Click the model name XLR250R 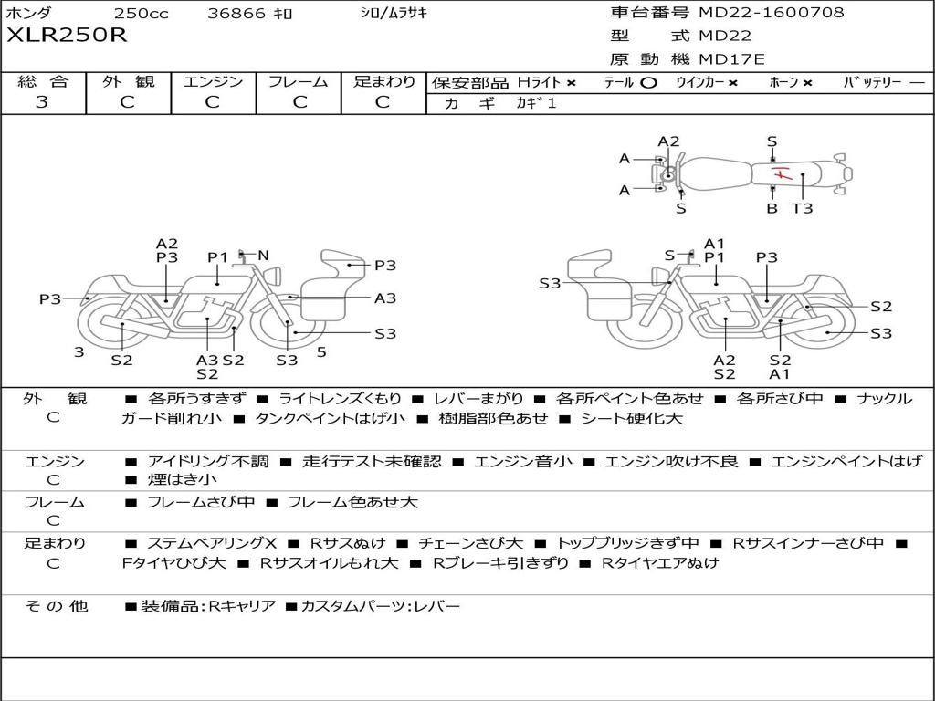click(x=67, y=36)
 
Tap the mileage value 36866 click(x=236, y=14)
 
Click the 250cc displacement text click(x=141, y=14)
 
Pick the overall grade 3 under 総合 click(x=42, y=102)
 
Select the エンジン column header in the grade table click(x=213, y=82)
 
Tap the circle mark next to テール click(x=648, y=83)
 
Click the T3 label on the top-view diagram click(x=802, y=208)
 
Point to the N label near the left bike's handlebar click(x=263, y=256)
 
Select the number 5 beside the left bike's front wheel click(x=321, y=351)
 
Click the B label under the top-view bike click(x=772, y=208)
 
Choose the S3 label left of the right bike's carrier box click(x=550, y=284)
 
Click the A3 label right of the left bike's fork click(x=385, y=298)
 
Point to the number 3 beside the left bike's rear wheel click(x=79, y=351)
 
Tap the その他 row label click(x=56, y=606)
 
